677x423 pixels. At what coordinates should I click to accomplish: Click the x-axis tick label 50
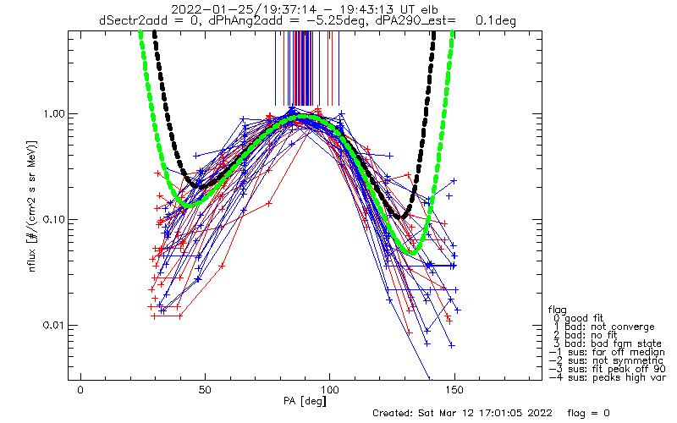point(205,390)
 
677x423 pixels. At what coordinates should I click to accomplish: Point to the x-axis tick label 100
point(330,390)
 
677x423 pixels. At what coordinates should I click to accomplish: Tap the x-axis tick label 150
point(454,390)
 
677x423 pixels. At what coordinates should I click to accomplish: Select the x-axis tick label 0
point(80,390)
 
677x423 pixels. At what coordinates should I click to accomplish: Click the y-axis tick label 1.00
point(52,114)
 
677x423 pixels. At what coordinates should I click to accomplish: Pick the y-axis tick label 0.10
point(52,220)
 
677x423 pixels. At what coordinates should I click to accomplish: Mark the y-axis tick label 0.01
point(52,326)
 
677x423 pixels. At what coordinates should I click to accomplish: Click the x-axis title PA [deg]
point(305,401)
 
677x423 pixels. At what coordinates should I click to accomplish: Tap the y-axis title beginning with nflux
point(32,206)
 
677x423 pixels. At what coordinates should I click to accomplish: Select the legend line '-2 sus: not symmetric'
point(606,360)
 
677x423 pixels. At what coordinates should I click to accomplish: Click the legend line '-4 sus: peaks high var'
point(607,377)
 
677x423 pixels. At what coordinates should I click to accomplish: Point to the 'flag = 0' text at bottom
point(588,413)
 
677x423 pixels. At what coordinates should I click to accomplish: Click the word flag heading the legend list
point(558,310)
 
